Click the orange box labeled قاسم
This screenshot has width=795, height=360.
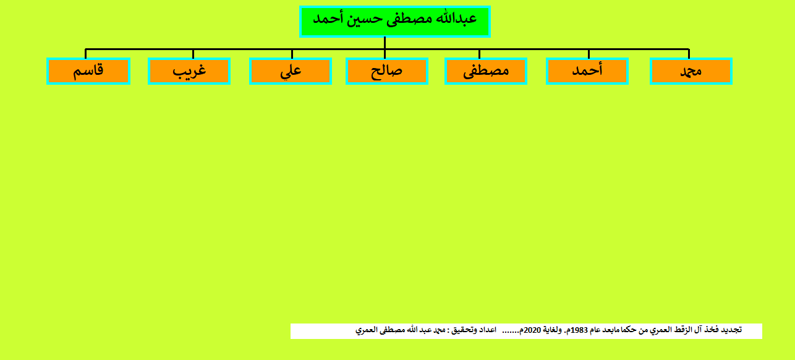[x=88, y=71]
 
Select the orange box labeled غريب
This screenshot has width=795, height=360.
[x=189, y=71]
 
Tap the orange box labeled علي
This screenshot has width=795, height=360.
[x=291, y=71]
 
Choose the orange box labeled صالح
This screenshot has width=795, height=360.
[x=387, y=71]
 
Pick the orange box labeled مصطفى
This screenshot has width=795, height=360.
[x=486, y=71]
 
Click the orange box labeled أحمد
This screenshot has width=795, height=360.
[x=587, y=71]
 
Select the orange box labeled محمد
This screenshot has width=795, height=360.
[x=691, y=71]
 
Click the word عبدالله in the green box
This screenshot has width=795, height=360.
[x=456, y=19]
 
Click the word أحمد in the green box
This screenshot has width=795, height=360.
[x=328, y=19]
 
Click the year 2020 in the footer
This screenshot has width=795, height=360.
[x=532, y=330]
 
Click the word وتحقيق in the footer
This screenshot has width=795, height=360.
[x=463, y=330]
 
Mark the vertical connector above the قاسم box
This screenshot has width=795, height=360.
[x=85, y=54]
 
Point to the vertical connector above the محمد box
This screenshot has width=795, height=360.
[x=689, y=54]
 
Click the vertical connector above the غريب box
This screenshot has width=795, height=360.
[x=193, y=54]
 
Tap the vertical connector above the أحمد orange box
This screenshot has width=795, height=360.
[x=589, y=54]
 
